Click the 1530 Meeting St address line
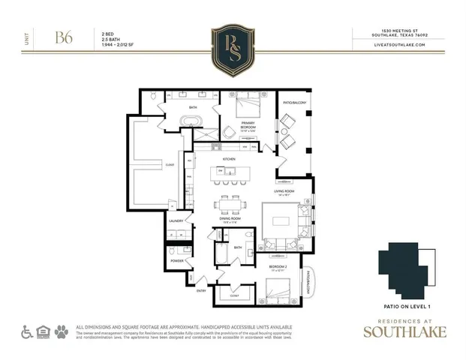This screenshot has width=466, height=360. pos(399,31)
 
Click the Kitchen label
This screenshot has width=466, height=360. pos(229,159)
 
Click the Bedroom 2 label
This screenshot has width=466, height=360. pos(279,266)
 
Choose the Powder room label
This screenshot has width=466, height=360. pos(177,260)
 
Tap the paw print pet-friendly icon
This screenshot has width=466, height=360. pos(61,329)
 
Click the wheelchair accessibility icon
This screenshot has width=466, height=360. pos(26,329)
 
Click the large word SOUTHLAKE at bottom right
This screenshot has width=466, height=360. pos(404,333)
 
